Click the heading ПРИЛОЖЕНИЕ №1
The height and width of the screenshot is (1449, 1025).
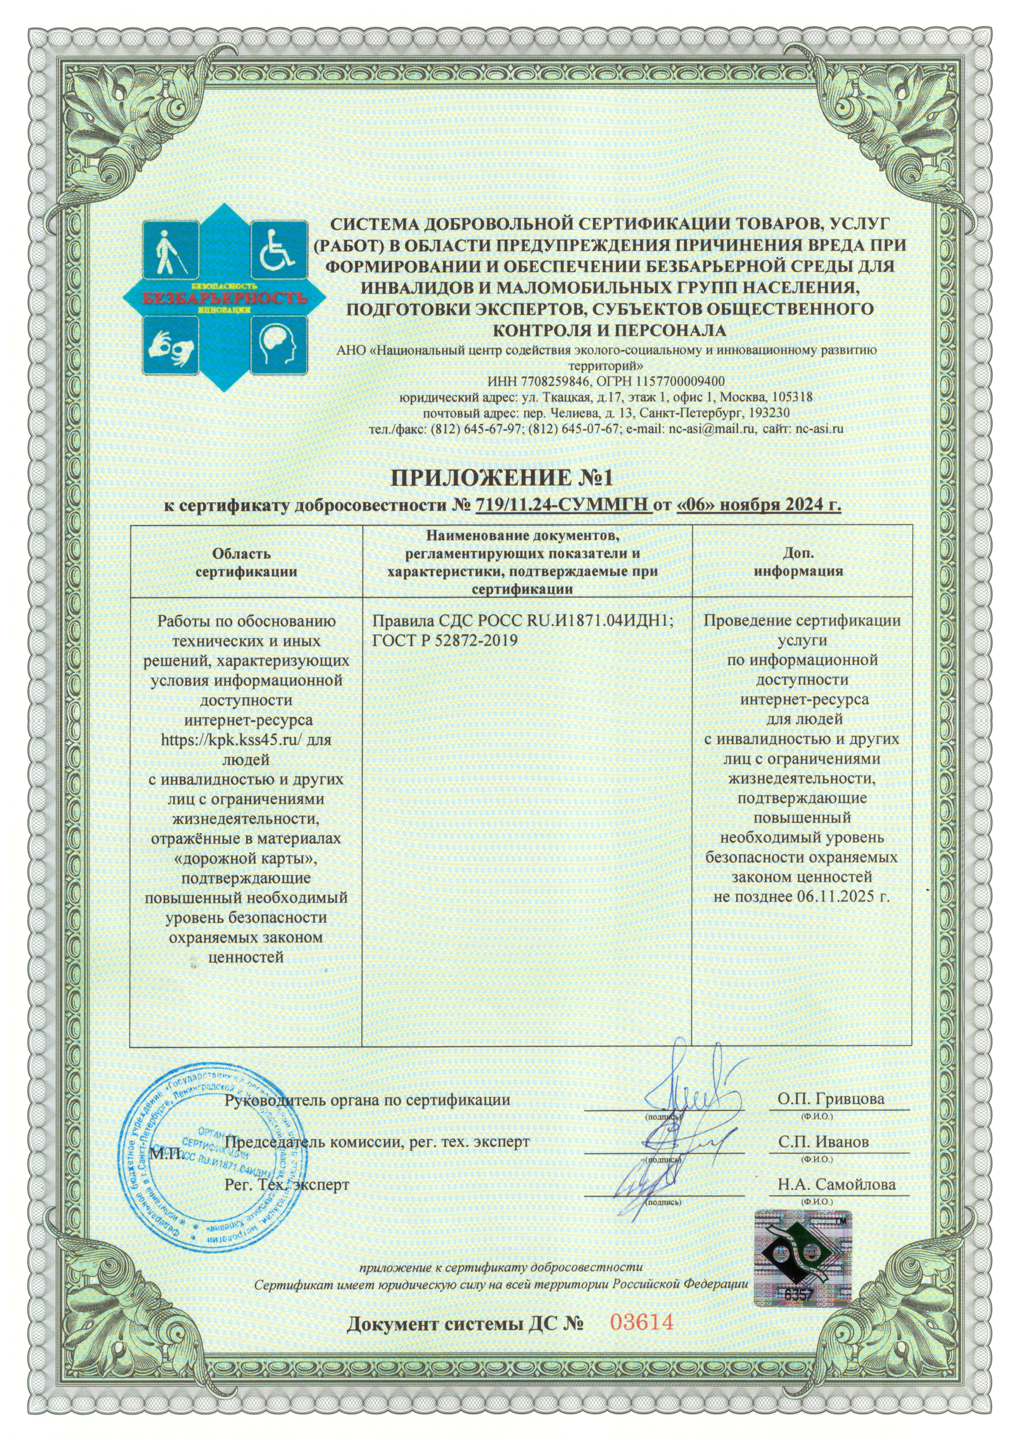pos(503,478)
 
